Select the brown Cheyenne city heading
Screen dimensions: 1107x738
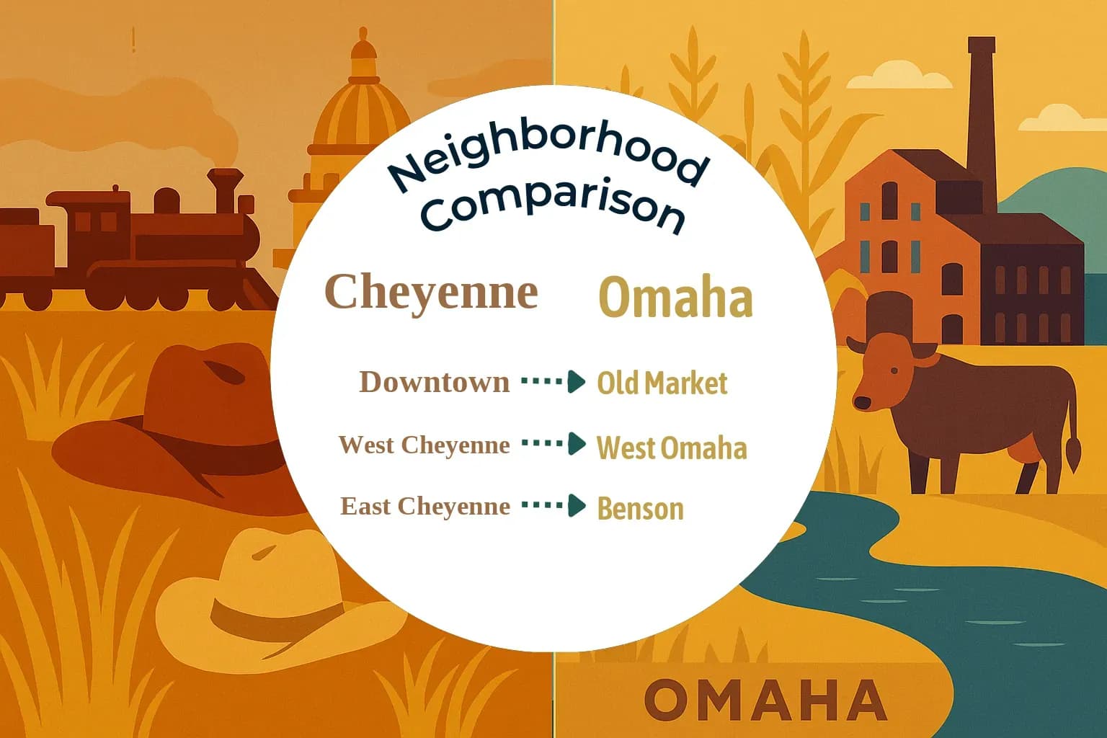[431, 293]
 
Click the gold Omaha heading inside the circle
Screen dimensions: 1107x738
[675, 298]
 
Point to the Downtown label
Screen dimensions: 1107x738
[434, 382]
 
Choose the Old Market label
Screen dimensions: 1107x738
[662, 383]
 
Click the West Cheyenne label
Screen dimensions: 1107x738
[424, 445]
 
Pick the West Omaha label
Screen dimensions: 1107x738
[672, 448]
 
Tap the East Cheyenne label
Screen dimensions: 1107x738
[424, 506]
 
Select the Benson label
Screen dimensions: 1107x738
[640, 509]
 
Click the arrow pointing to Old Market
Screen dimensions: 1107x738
[553, 381]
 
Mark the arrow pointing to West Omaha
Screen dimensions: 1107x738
[553, 444]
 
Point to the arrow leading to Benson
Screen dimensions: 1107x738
[553, 505]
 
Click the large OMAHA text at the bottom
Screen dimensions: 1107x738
[765, 700]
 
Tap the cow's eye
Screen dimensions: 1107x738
[894, 370]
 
